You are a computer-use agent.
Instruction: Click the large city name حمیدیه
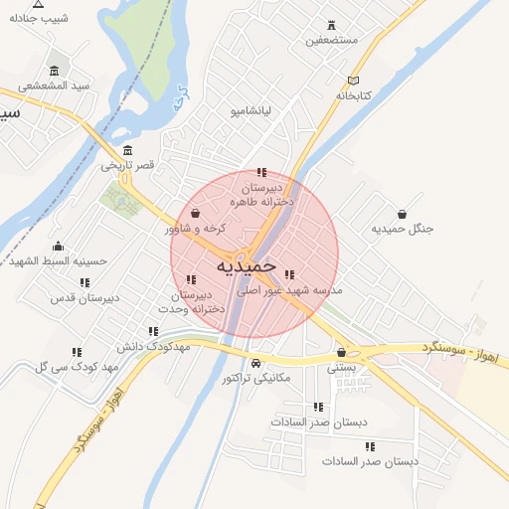(246, 266)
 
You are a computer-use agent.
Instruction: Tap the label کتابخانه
(353, 95)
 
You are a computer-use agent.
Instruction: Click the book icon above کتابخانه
(353, 81)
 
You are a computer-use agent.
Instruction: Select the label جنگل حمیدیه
(403, 229)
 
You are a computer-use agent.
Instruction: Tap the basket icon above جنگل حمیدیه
(402, 214)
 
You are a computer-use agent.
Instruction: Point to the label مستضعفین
(331, 41)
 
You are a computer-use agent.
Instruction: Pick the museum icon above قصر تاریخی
(128, 149)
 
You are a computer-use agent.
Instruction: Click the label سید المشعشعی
(55, 85)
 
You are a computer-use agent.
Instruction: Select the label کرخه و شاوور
(196, 229)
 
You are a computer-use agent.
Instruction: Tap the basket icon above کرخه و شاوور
(195, 214)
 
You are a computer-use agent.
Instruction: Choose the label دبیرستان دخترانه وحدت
(199, 301)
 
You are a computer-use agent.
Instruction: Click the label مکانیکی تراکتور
(255, 378)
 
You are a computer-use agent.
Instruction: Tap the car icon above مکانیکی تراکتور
(256, 362)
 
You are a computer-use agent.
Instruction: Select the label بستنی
(341, 367)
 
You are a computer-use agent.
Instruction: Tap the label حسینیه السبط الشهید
(58, 261)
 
